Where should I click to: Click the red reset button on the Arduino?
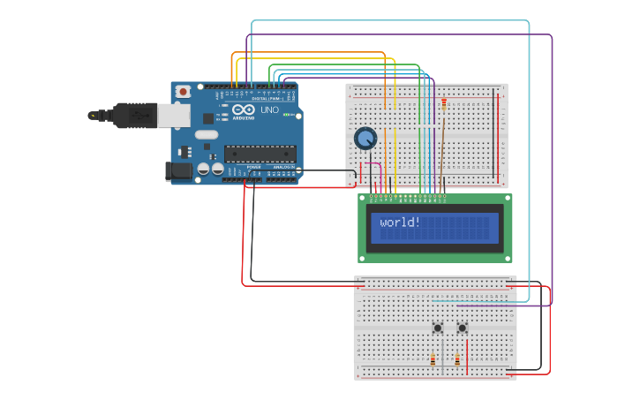(183, 91)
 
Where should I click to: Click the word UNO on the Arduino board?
(269, 110)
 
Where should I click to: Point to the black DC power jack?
(179, 171)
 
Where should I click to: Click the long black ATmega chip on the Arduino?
(260, 154)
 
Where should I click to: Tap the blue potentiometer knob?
(365, 139)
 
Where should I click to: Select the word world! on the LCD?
(400, 223)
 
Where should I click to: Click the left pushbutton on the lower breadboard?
(438, 328)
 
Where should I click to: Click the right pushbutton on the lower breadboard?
(462, 328)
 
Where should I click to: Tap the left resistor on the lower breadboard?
(433, 359)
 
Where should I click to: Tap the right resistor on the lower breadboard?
(457, 359)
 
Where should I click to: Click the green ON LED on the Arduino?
(285, 115)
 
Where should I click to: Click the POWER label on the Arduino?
(253, 166)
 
